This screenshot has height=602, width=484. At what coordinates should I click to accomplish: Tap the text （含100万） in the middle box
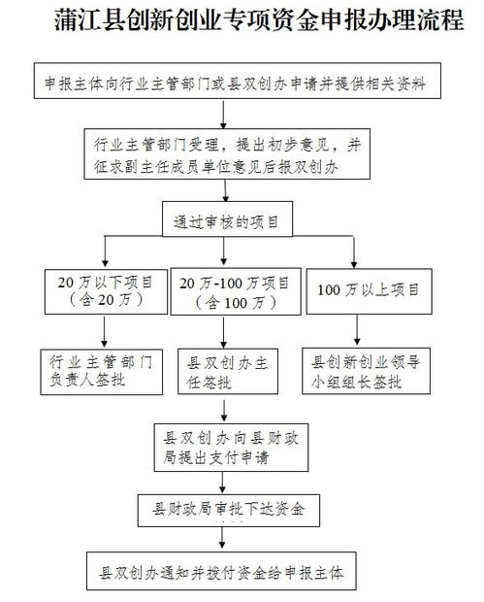pyautogui.click(x=230, y=301)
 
